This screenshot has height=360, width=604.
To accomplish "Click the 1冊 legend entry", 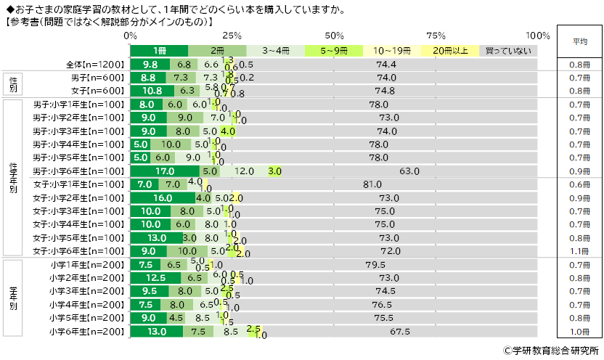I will tap(159, 51).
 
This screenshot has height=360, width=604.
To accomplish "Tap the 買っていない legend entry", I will tap(507, 51).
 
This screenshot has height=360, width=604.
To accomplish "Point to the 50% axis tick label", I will tap(334, 36).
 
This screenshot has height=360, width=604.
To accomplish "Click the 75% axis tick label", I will tap(436, 36).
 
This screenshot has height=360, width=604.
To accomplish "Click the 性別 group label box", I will tap(14, 85).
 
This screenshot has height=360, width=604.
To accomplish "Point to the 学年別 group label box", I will tap(14, 298).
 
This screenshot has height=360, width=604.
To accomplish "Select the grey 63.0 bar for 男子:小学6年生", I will tap(409, 171).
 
